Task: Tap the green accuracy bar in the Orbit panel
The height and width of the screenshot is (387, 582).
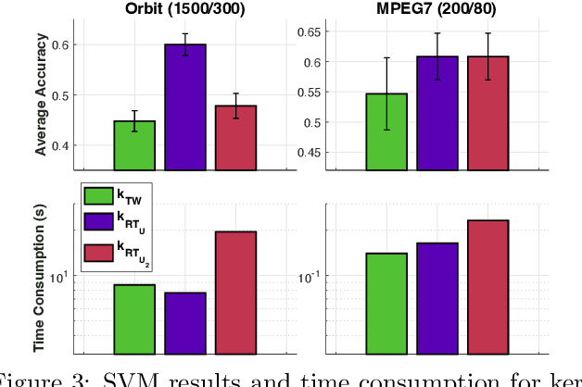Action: (134, 145)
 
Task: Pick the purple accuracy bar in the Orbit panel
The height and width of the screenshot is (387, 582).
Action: (185, 107)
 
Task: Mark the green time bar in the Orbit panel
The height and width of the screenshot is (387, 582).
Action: (134, 318)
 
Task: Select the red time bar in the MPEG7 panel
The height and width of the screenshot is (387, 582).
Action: (487, 286)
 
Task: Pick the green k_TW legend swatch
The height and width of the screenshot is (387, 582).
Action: (99, 195)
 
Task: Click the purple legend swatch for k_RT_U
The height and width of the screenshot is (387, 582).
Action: (99, 222)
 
